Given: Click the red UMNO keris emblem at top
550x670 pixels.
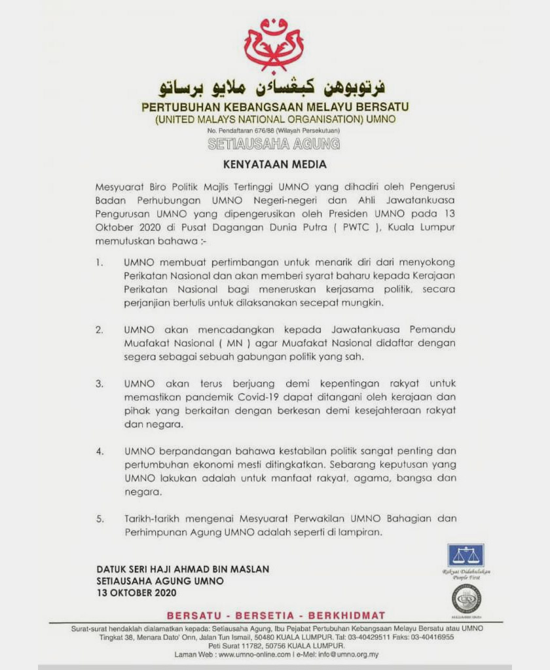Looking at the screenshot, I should coord(273,44).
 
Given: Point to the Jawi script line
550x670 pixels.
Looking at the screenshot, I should coord(273,87).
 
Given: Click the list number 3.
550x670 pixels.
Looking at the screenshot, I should coord(99,383).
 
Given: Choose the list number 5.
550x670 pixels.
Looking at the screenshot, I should coord(99,519).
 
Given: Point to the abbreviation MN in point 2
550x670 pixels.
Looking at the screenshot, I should coord(229,343).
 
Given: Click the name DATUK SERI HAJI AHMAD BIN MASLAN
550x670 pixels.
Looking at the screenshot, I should coord(183,569).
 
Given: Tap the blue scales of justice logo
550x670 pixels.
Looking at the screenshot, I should coord(466,555).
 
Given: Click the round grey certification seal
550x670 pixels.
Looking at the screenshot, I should coord(466,598).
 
